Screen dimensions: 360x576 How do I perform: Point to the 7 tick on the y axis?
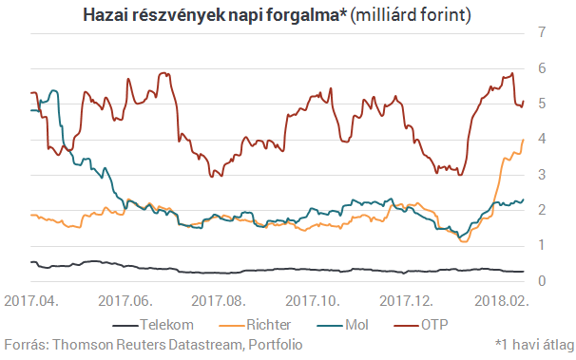click(542, 32)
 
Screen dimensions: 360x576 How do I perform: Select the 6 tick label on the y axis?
click(542, 68)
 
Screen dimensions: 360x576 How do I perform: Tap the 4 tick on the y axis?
click(542, 140)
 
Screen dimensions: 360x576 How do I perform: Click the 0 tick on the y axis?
click(542, 281)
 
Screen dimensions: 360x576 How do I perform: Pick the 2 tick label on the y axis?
click(542, 211)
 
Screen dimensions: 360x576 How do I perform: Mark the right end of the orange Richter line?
click(524, 140)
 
